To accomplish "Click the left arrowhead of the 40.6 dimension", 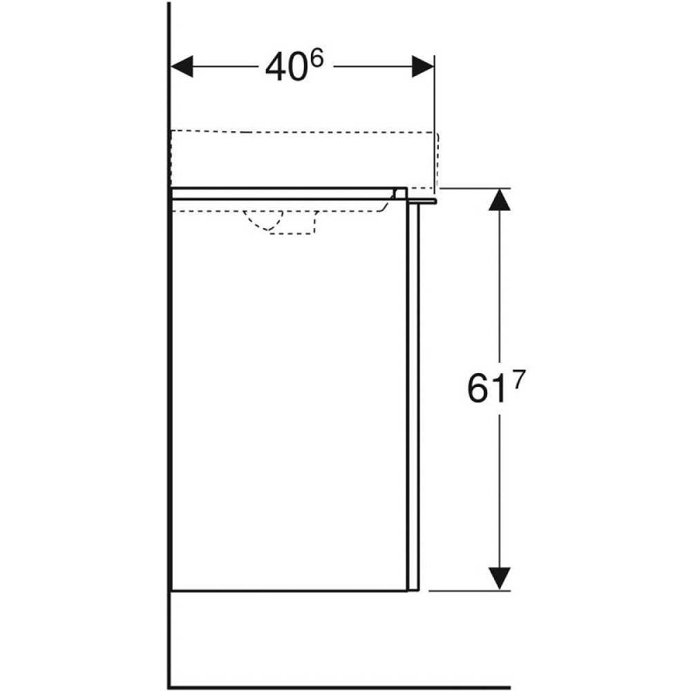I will click(x=182, y=67).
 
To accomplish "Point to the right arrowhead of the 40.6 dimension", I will click(x=423, y=67).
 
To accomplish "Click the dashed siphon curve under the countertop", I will click(x=263, y=223).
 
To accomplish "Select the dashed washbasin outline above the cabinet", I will click(x=304, y=131).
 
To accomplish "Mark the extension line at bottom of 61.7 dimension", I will click(x=470, y=591).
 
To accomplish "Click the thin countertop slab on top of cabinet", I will click(x=283, y=193).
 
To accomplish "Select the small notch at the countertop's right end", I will click(x=400, y=193).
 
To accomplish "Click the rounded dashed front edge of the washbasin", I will click(x=437, y=159).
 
